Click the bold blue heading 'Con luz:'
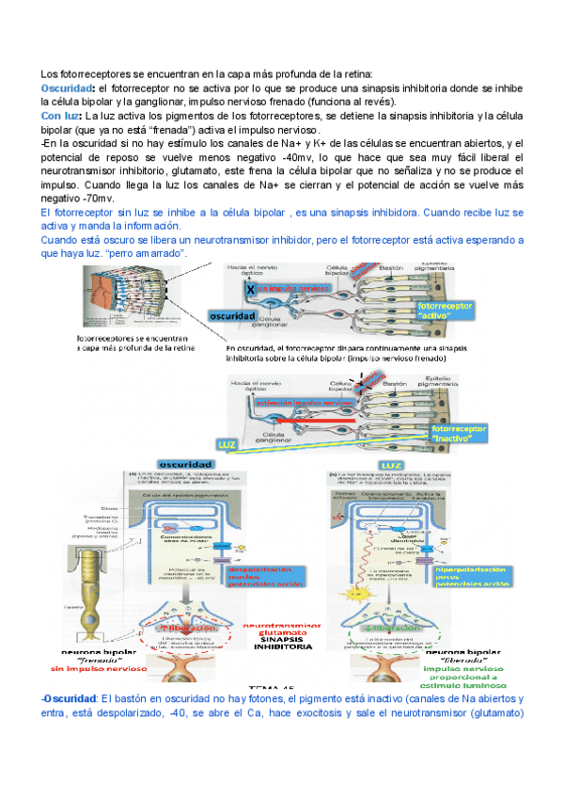pyautogui.click(x=62, y=116)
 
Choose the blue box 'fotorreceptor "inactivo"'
pyautogui.click(x=459, y=434)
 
